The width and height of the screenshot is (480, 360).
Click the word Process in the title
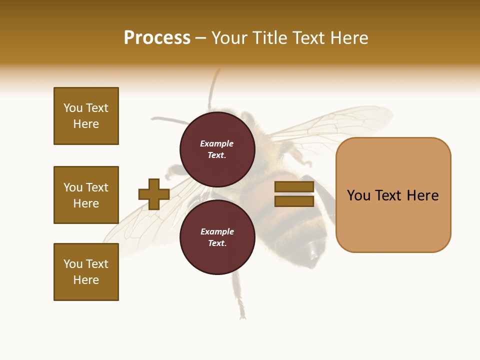pyautogui.click(x=157, y=38)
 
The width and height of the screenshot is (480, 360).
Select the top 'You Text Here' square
pyautogui.click(x=86, y=116)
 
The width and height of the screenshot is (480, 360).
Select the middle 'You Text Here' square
pyautogui.click(x=86, y=195)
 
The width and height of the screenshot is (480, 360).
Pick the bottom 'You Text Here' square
pyautogui.click(x=86, y=272)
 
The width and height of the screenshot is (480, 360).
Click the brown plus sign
pyautogui.click(x=154, y=194)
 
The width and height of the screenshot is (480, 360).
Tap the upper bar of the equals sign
pyautogui.click(x=294, y=187)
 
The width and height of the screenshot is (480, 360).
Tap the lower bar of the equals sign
pyautogui.click(x=294, y=201)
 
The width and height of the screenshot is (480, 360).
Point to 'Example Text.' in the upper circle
pyautogui.click(x=217, y=149)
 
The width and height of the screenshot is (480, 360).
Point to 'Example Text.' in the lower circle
pyautogui.click(x=217, y=237)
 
